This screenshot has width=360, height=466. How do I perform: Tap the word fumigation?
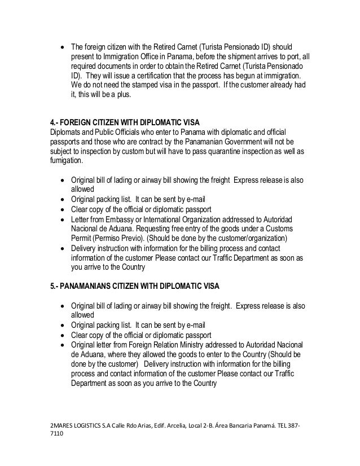65,161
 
